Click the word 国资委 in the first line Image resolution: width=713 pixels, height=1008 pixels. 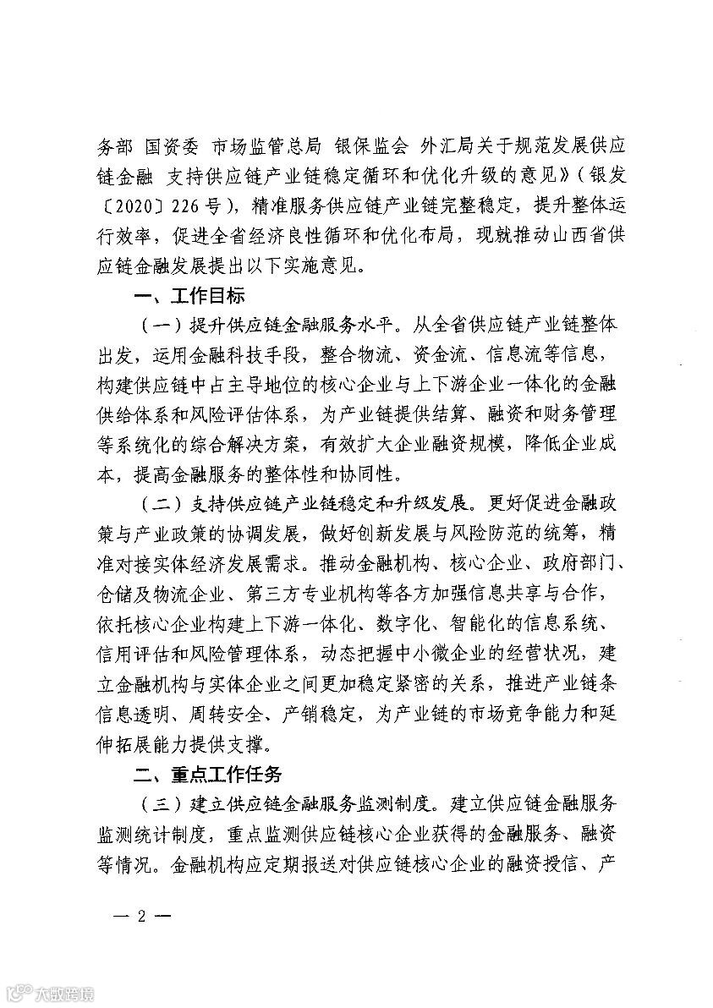[x=173, y=145]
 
